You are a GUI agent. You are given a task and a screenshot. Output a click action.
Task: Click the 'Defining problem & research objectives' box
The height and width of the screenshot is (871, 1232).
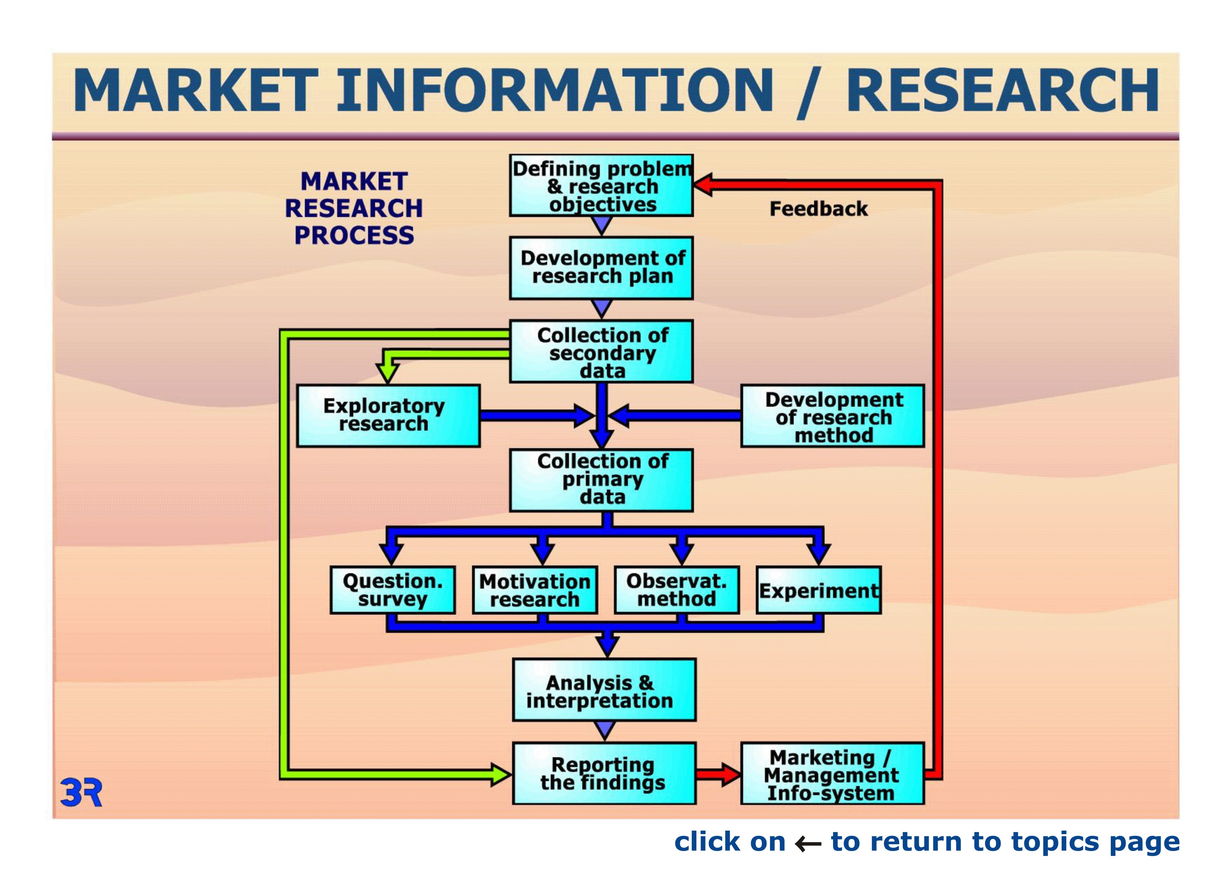click(601, 186)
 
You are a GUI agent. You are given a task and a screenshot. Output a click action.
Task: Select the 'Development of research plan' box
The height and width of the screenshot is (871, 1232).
click(601, 268)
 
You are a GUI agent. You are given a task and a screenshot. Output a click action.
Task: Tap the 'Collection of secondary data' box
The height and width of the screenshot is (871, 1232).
click(601, 352)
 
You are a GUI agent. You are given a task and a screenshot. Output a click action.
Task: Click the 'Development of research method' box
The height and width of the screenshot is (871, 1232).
click(832, 416)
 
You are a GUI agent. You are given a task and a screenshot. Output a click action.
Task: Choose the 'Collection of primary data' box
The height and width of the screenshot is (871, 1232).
click(601, 480)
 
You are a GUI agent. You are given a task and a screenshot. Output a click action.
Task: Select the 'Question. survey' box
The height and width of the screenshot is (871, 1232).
click(393, 590)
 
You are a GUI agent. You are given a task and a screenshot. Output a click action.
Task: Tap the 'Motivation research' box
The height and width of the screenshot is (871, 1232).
click(535, 590)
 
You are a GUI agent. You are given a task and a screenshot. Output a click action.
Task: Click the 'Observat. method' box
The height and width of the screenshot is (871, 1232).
click(677, 590)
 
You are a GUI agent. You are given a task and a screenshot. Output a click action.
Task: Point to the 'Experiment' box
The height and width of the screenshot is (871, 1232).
click(818, 590)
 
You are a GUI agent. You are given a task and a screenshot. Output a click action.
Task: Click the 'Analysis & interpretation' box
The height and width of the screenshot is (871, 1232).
click(604, 690)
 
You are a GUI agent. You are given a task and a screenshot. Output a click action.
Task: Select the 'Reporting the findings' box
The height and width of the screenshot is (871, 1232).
click(604, 773)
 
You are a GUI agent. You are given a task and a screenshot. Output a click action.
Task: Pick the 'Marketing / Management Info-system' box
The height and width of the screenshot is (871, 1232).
click(832, 773)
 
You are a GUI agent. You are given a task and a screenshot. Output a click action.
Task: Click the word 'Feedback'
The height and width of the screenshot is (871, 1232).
click(818, 209)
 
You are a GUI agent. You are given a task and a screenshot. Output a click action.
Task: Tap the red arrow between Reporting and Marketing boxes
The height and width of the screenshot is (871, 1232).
click(718, 774)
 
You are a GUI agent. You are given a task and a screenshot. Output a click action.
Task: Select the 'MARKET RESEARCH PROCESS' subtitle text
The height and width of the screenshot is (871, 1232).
click(354, 208)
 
